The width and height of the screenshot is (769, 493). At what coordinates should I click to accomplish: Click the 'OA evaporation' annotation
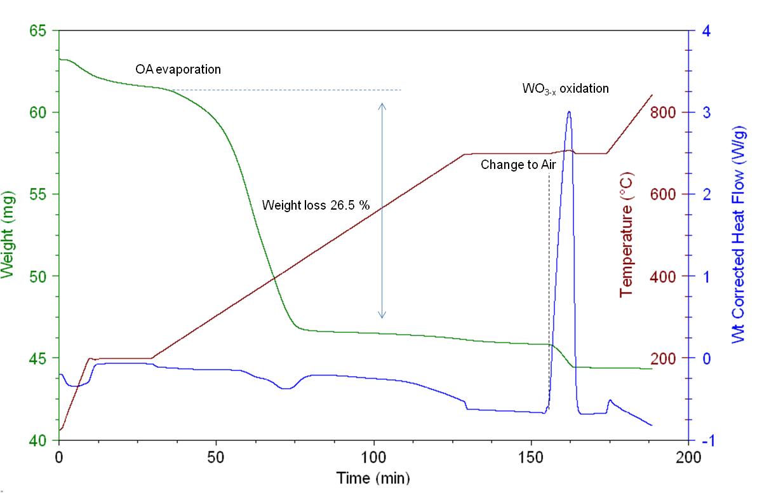(178, 69)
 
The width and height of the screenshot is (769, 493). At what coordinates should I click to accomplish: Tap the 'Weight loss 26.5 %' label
(316, 205)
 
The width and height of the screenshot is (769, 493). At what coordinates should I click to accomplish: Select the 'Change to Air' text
(518, 165)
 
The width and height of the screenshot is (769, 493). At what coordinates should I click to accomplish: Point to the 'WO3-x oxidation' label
(565, 89)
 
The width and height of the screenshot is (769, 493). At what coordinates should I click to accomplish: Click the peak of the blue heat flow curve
(569, 112)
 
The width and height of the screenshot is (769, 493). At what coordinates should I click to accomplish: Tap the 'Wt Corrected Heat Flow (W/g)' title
(738, 234)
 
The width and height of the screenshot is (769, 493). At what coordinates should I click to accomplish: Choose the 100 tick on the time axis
(373, 456)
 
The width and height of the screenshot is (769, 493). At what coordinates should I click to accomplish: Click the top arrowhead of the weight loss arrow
(382, 105)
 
